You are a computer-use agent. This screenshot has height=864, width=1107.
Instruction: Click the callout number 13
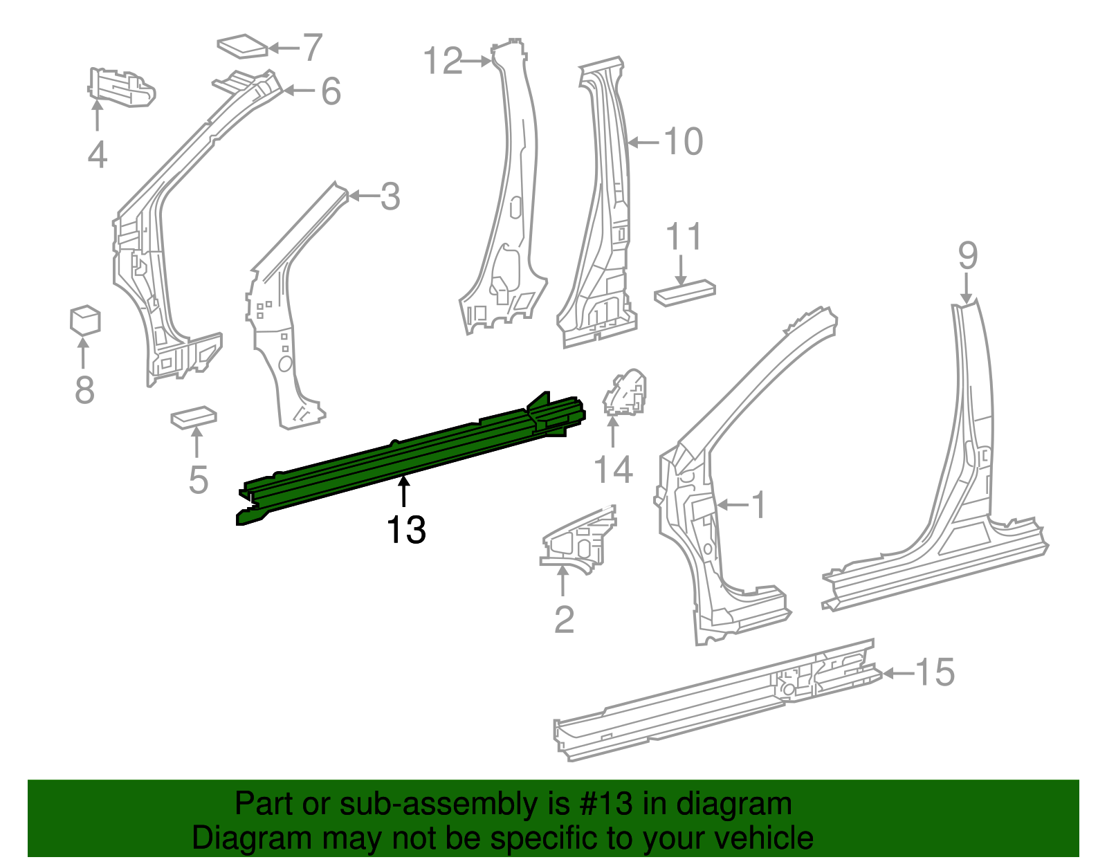coord(406,531)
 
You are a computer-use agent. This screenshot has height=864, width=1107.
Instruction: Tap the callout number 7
coord(313,48)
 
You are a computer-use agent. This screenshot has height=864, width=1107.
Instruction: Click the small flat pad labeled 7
coord(242,46)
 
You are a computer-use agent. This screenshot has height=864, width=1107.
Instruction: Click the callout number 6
coord(331,91)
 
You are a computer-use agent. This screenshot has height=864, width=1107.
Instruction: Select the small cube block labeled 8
coord(85,320)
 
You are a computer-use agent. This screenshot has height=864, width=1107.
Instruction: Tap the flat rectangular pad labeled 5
coord(194,418)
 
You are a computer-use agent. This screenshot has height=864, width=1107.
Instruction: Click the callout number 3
coord(390,197)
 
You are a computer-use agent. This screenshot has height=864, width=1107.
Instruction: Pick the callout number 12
coord(442,62)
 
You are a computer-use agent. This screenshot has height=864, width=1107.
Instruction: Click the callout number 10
coord(683,142)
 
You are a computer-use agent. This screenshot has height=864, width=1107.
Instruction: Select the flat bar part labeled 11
coord(684,292)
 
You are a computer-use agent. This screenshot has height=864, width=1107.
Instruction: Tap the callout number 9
coord(967,255)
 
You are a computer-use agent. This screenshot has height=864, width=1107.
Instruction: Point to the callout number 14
coord(614,470)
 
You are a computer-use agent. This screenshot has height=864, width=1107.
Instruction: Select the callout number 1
coord(759,505)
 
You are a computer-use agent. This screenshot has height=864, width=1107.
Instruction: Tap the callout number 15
coord(935,672)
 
